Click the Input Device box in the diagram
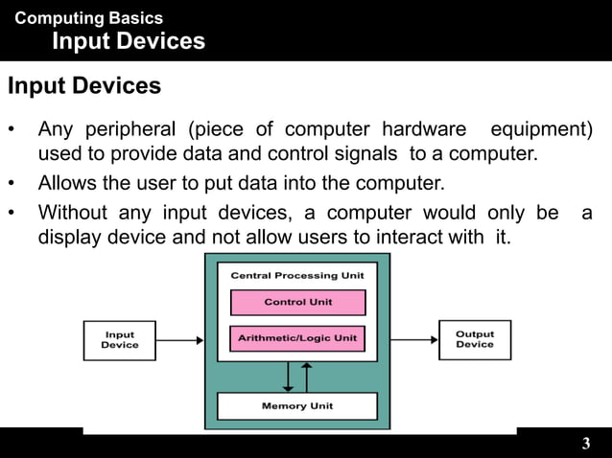coord(120,339)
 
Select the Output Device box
coord(474,339)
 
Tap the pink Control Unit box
coord(297,303)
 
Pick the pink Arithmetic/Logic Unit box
coord(297,338)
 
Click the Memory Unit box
coord(296,406)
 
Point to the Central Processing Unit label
coord(297,275)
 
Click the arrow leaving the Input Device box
coord(179,339)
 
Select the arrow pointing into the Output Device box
coord(412,339)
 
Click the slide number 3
coord(586,444)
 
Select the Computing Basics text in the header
coord(89,18)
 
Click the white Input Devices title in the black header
coord(128,41)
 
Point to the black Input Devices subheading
coord(84,86)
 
